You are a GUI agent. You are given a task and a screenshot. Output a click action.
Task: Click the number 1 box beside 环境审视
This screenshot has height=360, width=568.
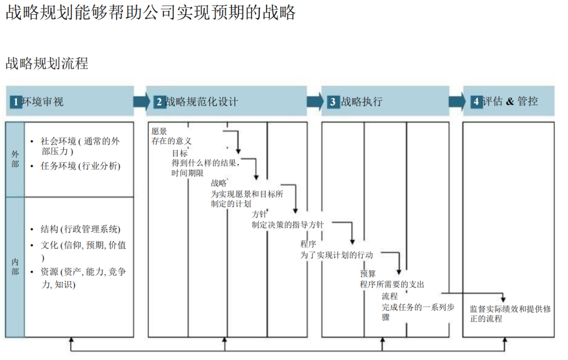click(16, 101)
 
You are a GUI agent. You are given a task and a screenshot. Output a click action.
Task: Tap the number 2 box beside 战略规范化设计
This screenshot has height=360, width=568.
click(158, 102)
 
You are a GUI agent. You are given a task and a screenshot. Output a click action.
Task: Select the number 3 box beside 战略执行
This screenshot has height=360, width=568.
click(332, 102)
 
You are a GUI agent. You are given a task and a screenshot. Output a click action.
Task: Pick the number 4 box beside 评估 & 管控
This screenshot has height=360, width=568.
click(476, 101)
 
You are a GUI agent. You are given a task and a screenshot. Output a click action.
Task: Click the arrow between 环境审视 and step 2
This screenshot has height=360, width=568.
click(141, 101)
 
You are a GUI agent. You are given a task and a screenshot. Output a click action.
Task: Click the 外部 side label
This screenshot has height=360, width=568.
click(15, 159)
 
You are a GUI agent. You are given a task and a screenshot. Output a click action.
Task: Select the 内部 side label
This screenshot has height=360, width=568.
click(15, 266)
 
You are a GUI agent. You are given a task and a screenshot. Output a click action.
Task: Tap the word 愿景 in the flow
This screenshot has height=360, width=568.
click(159, 131)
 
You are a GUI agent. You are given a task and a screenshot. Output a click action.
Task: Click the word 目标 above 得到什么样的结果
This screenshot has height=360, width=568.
click(179, 153)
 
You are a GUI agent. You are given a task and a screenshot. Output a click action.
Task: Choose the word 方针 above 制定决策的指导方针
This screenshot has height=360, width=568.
click(259, 214)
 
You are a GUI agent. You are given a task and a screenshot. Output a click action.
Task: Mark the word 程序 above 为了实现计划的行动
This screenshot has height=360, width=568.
click(308, 244)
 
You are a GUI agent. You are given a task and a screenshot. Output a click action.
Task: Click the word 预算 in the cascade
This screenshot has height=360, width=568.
click(368, 273)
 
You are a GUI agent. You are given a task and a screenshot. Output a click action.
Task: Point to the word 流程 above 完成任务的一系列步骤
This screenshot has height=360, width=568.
click(390, 296)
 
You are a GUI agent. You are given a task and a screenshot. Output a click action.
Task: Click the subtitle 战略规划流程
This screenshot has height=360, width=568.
click(47, 64)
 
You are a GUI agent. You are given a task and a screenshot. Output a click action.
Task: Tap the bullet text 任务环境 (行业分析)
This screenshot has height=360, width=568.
click(80, 166)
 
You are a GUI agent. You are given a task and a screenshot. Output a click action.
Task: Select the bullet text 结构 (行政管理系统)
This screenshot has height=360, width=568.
click(80, 229)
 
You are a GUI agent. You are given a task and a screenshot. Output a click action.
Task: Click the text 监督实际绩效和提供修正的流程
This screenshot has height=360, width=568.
click(510, 314)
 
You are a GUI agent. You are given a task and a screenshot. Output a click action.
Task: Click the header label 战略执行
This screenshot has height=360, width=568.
click(362, 102)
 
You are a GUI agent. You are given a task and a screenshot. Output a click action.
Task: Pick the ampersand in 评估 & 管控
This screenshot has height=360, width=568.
click(509, 101)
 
